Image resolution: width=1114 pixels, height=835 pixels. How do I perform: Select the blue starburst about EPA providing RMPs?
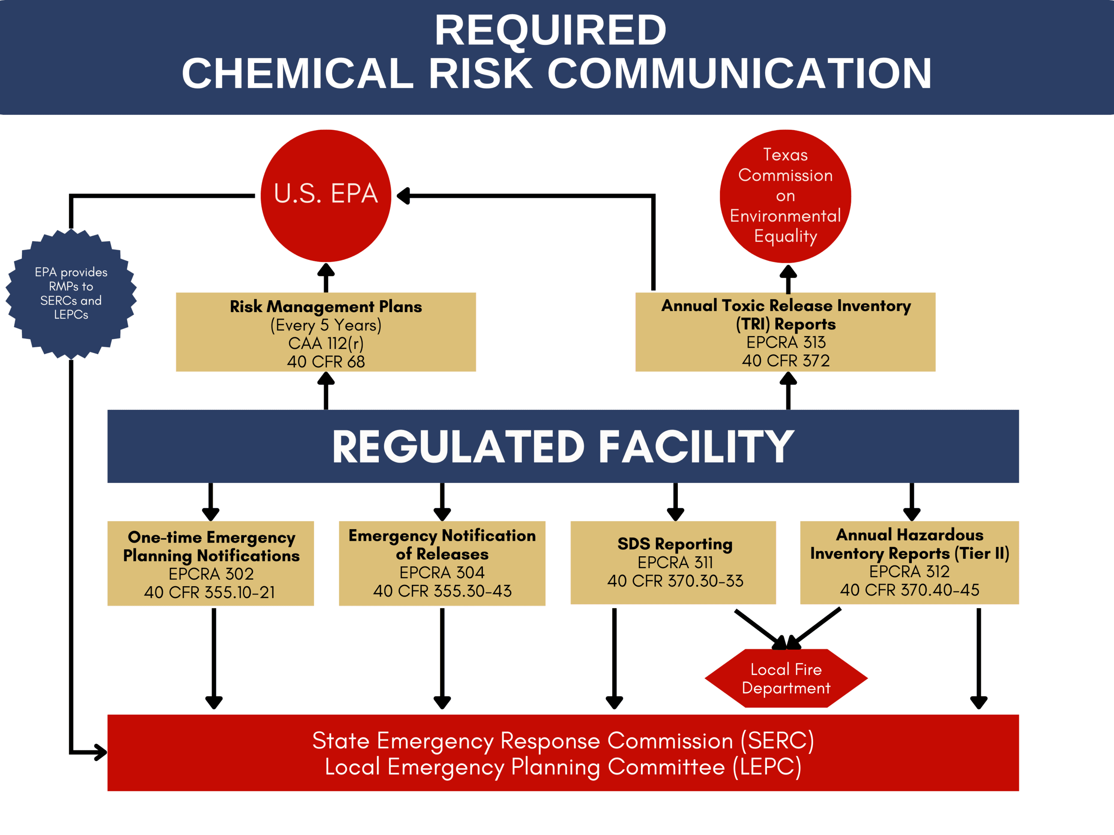click(71, 293)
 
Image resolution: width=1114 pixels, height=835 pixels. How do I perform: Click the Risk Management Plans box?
click(326, 332)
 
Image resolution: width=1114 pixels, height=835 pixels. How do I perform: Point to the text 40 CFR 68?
click(326, 361)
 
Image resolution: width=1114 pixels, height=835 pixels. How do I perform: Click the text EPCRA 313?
click(786, 342)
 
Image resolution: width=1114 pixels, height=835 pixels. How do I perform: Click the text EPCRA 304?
click(442, 572)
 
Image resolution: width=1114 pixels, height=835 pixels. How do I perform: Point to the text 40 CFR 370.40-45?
click(909, 590)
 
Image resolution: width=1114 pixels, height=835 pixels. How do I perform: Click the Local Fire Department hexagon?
click(786, 678)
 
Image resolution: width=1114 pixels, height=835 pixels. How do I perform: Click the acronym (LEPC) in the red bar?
click(767, 766)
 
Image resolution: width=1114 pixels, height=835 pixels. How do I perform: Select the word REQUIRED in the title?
click(551, 30)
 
